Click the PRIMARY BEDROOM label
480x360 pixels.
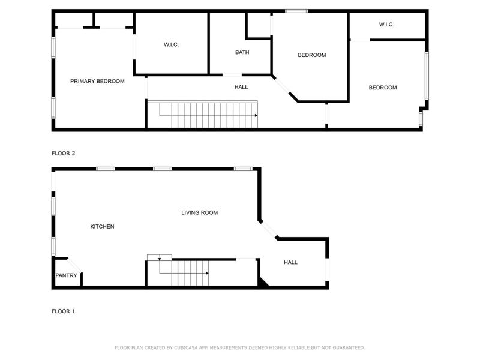[x=97, y=81]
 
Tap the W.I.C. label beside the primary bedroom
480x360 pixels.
[x=172, y=45]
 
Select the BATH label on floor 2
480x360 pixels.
[x=242, y=52]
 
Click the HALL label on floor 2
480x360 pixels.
[x=241, y=87]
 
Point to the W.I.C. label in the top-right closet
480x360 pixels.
[x=386, y=25]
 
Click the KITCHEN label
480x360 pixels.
[x=102, y=227]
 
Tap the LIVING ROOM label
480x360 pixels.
[x=199, y=212]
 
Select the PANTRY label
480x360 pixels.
[x=66, y=276]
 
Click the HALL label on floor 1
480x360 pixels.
[x=290, y=262]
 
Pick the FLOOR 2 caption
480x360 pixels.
[x=63, y=154]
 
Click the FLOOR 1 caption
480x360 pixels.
[x=63, y=311]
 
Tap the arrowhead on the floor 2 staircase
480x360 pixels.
[x=256, y=115]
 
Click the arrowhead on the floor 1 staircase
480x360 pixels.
[x=207, y=273]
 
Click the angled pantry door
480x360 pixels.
[x=74, y=266]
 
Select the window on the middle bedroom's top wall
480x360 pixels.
[x=296, y=11]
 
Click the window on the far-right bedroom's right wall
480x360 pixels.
[x=427, y=76]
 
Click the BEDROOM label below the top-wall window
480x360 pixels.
[x=312, y=55]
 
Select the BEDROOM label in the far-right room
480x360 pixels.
[x=382, y=88]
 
